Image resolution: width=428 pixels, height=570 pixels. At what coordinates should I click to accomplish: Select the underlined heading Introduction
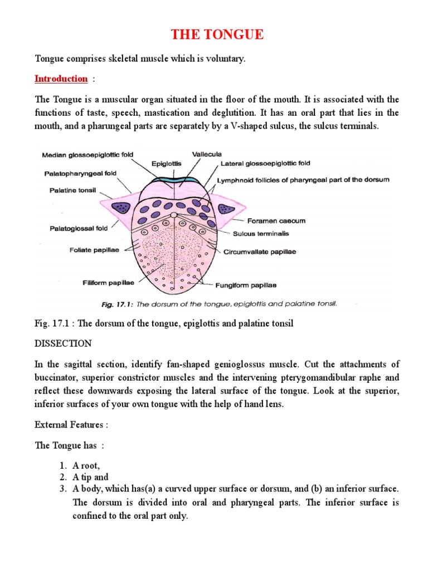(61, 78)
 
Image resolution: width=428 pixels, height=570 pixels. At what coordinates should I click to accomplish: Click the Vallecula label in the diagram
(207, 154)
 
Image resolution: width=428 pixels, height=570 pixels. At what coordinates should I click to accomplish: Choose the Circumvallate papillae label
(260, 252)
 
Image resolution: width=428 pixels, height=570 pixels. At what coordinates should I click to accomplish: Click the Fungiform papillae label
(245, 286)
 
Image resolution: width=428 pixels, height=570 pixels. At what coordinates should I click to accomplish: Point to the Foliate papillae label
(94, 249)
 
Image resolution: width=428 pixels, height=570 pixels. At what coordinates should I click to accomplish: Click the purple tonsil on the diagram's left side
(120, 207)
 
